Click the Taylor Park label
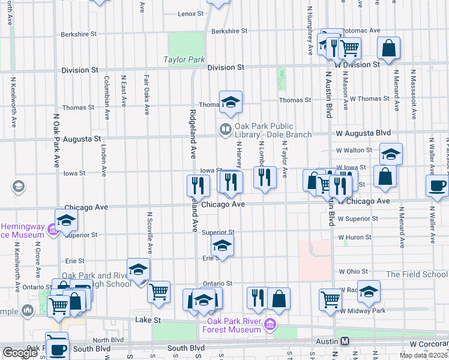point(184,60)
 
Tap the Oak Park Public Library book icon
point(226,128)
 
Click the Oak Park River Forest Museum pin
point(270,325)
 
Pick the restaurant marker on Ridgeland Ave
point(197,185)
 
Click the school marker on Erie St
point(222,246)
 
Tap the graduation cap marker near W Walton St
point(391,154)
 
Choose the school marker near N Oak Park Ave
point(66,220)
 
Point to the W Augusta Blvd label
point(363,133)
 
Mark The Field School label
point(417,274)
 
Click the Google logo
point(20,352)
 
